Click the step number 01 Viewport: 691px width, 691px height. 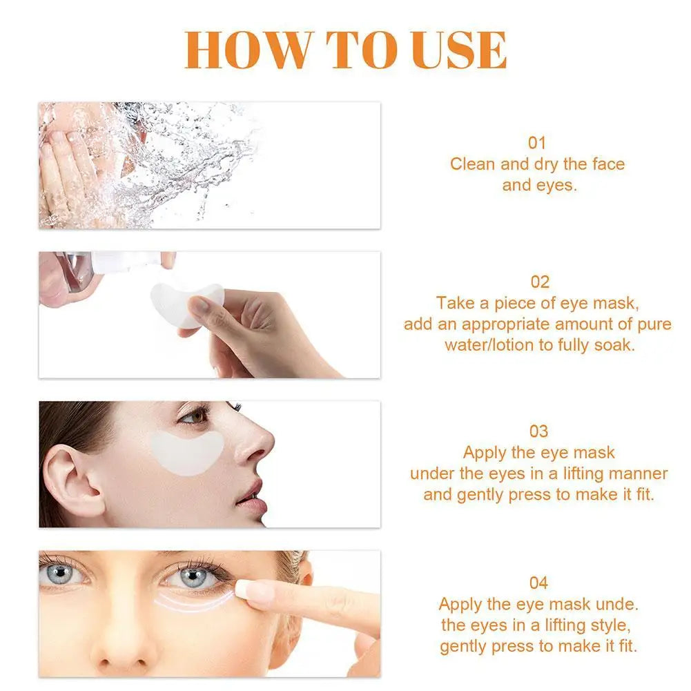[537, 143]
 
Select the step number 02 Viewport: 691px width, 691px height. [539, 282]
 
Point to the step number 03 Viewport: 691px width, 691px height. [538, 431]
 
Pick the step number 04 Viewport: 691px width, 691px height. [538, 583]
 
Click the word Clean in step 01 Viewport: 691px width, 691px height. [472, 164]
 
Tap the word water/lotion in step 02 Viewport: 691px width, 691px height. [489, 345]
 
